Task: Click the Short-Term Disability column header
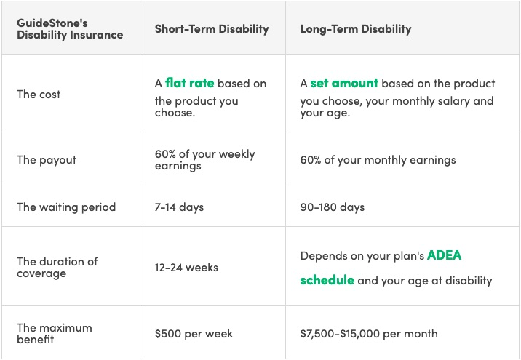pyautogui.click(x=212, y=29)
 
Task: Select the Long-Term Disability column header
pyautogui.click(x=356, y=29)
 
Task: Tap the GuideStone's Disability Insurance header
pyautogui.click(x=70, y=29)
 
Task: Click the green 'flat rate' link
pyautogui.click(x=189, y=83)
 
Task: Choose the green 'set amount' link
pyautogui.click(x=344, y=83)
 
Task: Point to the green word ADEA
pyautogui.click(x=445, y=255)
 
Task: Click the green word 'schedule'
pyautogui.click(x=327, y=280)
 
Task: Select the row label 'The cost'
pyautogui.click(x=39, y=95)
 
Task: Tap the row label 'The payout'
pyautogui.click(x=46, y=160)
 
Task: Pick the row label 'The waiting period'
pyautogui.click(x=66, y=207)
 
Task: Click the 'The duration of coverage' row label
pyautogui.click(x=57, y=268)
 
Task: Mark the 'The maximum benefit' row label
pyautogui.click(x=54, y=333)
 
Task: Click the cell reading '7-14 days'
pyautogui.click(x=179, y=207)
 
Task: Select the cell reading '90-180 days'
pyautogui.click(x=333, y=207)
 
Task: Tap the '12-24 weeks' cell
pyautogui.click(x=186, y=268)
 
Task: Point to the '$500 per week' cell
pyautogui.click(x=194, y=333)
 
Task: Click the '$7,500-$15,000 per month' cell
pyautogui.click(x=369, y=333)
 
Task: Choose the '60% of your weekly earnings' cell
pyautogui.click(x=204, y=160)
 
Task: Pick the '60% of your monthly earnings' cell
pyautogui.click(x=378, y=160)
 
